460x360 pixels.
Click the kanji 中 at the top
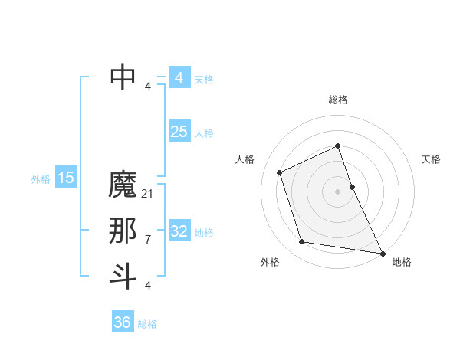pyautogui.click(x=123, y=77)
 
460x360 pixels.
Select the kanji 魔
pyautogui.click(x=123, y=185)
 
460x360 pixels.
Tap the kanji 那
pyautogui.click(x=123, y=231)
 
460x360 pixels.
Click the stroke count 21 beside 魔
pyautogui.click(x=148, y=194)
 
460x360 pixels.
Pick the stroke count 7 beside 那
pyautogui.click(x=148, y=240)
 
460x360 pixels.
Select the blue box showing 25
pyautogui.click(x=179, y=132)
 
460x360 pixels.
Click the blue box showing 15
pyautogui.click(x=66, y=178)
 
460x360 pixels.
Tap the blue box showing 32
pyautogui.click(x=179, y=231)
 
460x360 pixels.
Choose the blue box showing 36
pyautogui.click(x=123, y=322)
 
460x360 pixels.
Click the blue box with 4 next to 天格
pyautogui.click(x=179, y=78)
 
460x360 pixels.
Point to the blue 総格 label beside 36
pyautogui.click(x=147, y=324)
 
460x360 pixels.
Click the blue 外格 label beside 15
pyautogui.click(x=41, y=179)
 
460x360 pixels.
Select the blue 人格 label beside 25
pyautogui.click(x=204, y=133)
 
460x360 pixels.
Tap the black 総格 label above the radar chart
pyautogui.click(x=338, y=100)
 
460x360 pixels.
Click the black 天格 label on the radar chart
pyautogui.click(x=432, y=159)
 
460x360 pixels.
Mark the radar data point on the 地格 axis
pyautogui.click(x=382, y=253)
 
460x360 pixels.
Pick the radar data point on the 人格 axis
pyautogui.click(x=280, y=172)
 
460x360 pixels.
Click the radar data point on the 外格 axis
pyautogui.click(x=302, y=242)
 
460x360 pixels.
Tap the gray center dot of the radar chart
pyautogui.click(x=338, y=191)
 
